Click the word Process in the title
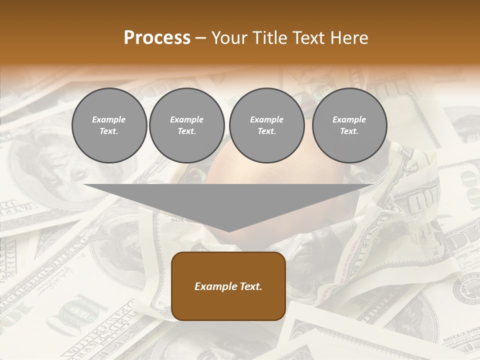pos(157,37)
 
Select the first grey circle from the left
pos(109,125)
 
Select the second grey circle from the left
pos(186,125)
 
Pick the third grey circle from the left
pos(266,125)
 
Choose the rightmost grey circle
pos(349,125)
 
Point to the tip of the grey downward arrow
pos(228,231)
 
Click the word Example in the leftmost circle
pos(109,119)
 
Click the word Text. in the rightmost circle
pos(349,131)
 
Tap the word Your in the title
pos(229,37)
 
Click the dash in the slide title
pos(201,38)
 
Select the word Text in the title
pos(308,37)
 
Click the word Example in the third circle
pos(266,119)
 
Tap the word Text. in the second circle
pos(186,131)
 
